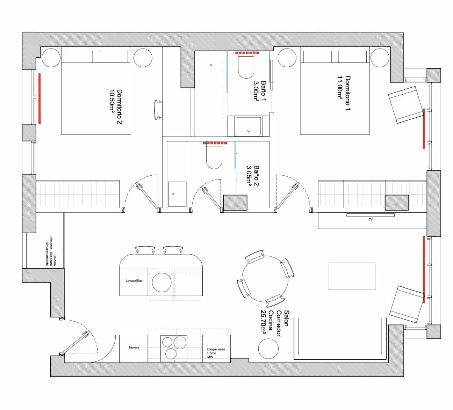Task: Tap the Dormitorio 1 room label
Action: (x=344, y=93)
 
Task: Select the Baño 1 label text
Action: (x=260, y=90)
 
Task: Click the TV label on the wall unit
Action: (x=371, y=220)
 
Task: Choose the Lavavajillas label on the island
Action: (x=134, y=280)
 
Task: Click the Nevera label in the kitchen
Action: (x=134, y=347)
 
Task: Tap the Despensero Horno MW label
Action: (x=216, y=353)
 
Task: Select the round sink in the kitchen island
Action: (x=162, y=282)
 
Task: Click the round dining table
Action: (x=265, y=279)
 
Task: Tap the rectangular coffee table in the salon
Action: (x=352, y=276)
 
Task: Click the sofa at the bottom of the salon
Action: (x=340, y=338)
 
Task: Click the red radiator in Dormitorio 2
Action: (x=40, y=98)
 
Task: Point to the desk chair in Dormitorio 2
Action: (x=158, y=110)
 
